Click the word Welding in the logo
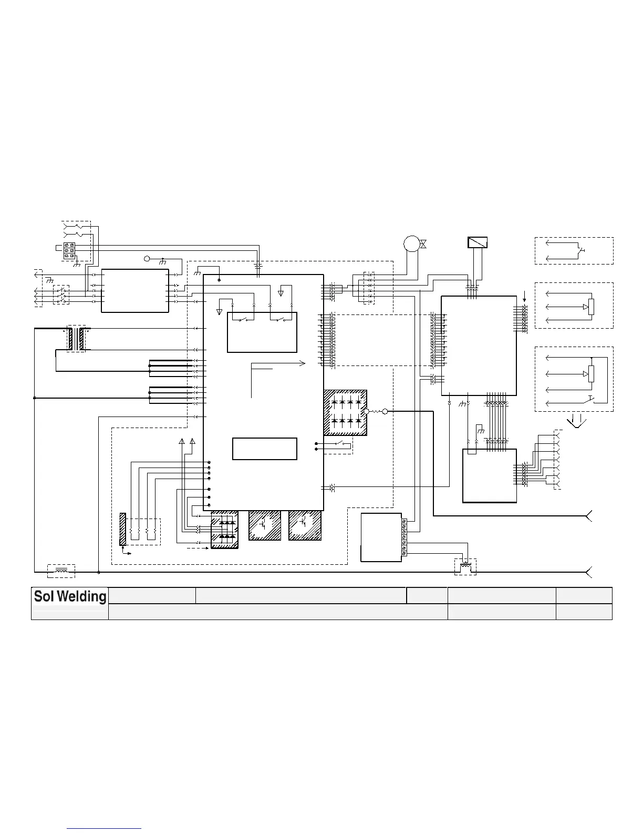click(x=81, y=596)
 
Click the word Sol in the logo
click(x=45, y=596)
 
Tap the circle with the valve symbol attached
click(x=410, y=243)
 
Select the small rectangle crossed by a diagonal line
click(x=478, y=242)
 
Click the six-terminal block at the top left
click(x=69, y=251)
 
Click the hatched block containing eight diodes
click(x=345, y=412)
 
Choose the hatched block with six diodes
click(x=224, y=530)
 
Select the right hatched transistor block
click(x=305, y=525)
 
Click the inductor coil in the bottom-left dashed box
click(x=61, y=570)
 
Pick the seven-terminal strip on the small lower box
click(x=403, y=537)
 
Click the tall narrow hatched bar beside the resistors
click(x=123, y=529)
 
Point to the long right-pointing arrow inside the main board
click(x=278, y=363)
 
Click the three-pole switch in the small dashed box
click(x=61, y=294)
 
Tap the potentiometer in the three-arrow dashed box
click(x=591, y=307)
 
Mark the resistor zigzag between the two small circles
click(x=376, y=412)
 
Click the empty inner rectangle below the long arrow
click(x=265, y=449)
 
